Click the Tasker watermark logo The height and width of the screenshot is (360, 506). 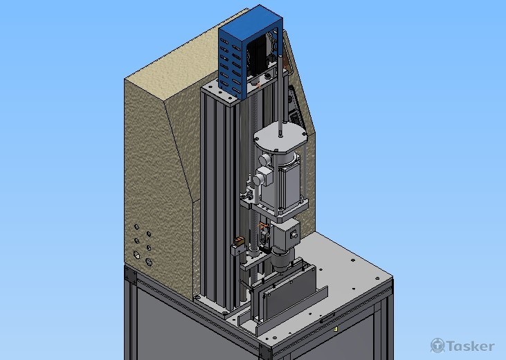click(x=462, y=345)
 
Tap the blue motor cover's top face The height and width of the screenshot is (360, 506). click(x=251, y=20)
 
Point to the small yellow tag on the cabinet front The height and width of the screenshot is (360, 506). click(x=336, y=329)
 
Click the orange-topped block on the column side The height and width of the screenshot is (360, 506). click(x=239, y=241)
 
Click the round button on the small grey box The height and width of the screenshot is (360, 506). click(x=293, y=235)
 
